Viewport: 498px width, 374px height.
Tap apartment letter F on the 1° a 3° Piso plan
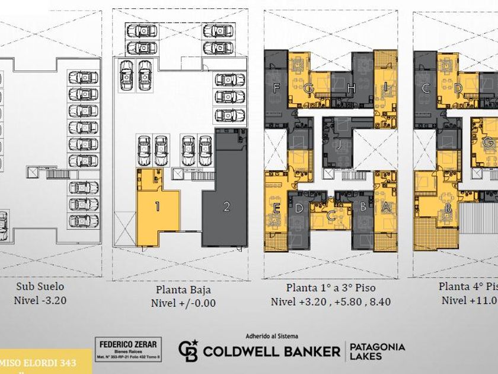click(x=276, y=88)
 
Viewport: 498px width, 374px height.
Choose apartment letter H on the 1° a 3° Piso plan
click(x=351, y=88)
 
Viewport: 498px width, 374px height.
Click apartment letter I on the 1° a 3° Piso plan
click(x=386, y=87)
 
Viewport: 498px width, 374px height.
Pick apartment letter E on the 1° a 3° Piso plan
click(x=277, y=208)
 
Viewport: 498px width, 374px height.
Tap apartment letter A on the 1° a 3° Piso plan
click(x=386, y=207)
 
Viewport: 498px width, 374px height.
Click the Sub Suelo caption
click(x=40, y=286)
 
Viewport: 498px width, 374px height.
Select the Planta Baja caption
click(x=183, y=290)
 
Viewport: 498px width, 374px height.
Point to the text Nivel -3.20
click(x=40, y=300)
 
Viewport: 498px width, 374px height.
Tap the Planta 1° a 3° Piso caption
click(x=331, y=288)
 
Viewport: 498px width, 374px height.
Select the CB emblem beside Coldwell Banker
click(x=188, y=350)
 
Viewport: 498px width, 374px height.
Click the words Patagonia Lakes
click(x=377, y=351)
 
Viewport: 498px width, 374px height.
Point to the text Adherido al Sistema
click(x=272, y=336)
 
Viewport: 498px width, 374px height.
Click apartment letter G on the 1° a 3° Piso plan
click(x=309, y=88)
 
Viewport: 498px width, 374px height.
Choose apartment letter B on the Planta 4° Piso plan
click(x=449, y=208)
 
